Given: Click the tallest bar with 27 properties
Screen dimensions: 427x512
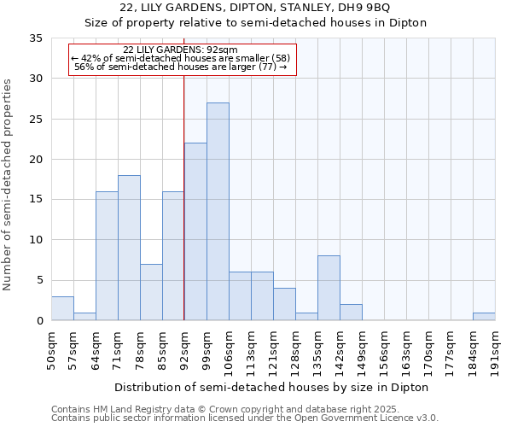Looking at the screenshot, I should pyautogui.click(x=218, y=212).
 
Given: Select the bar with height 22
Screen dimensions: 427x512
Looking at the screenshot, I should pyautogui.click(x=195, y=231).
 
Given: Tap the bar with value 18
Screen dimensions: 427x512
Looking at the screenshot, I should pyautogui.click(x=129, y=248).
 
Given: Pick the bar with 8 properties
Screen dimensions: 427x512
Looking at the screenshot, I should pyautogui.click(x=329, y=288).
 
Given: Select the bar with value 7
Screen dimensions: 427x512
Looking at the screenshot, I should pyautogui.click(x=151, y=292).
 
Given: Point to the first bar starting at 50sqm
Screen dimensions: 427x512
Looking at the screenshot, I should pyautogui.click(x=62, y=308).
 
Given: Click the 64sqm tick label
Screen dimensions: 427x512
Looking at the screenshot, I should pyautogui.click(x=96, y=348).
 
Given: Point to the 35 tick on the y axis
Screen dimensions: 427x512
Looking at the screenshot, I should pyautogui.click(x=36, y=38).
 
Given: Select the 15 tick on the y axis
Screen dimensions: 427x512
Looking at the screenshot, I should pyautogui.click(x=36, y=200).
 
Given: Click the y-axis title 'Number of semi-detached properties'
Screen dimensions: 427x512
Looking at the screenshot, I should pyautogui.click(x=9, y=184).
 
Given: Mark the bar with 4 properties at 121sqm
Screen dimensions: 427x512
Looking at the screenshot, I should pyautogui.click(x=284, y=304).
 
